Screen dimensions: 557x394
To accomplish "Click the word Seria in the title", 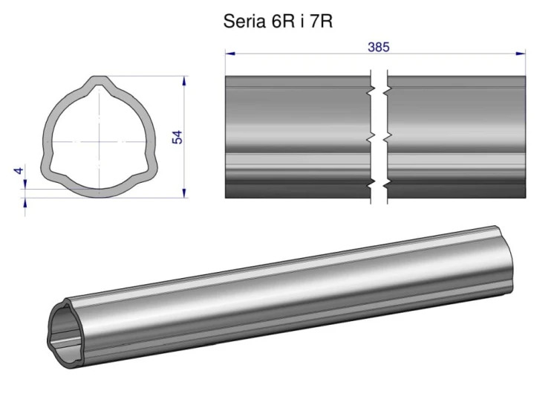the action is pos(244,22).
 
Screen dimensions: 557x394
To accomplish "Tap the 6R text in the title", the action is pos(283,22).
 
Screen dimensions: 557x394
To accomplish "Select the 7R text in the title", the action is pos(321,22).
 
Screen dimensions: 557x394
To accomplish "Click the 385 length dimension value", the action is pos(379,47).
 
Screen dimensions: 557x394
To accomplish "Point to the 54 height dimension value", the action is pos(177,137).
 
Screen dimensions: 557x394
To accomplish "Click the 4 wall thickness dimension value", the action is pos(19,171).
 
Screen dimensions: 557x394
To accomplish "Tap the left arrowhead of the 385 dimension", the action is pos(229,54).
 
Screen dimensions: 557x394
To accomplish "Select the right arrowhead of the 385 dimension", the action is pos(521,54).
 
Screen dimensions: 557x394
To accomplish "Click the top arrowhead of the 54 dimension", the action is pos(184,81).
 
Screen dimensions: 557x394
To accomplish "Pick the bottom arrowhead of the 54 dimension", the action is pos(184,193).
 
